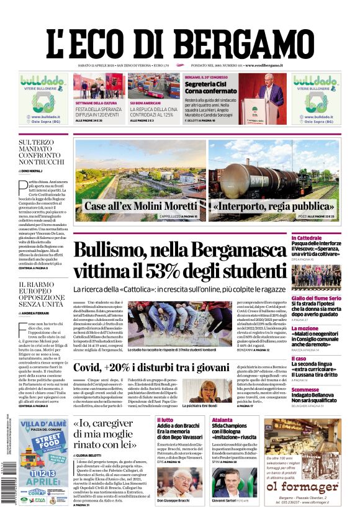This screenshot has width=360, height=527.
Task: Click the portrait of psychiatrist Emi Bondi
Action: [214, 392]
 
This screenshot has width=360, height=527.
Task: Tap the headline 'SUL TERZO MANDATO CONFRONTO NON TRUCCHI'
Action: [42, 151]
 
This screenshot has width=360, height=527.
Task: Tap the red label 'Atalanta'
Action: [222, 420]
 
